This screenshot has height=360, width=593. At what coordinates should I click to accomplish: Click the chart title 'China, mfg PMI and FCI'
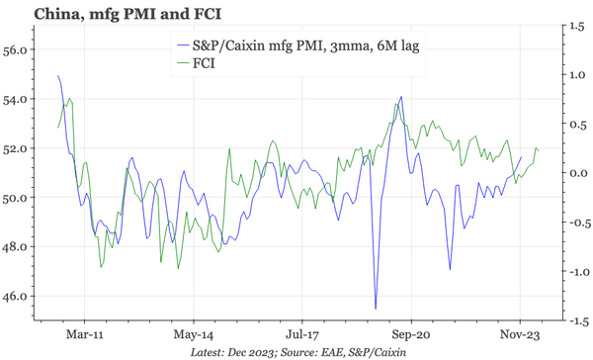[x=96, y=15]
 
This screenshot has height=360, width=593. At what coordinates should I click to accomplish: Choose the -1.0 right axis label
[x=574, y=271]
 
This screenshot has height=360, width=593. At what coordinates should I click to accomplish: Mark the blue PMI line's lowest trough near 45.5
[x=376, y=309]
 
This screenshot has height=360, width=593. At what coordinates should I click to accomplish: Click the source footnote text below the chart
[x=296, y=351]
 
